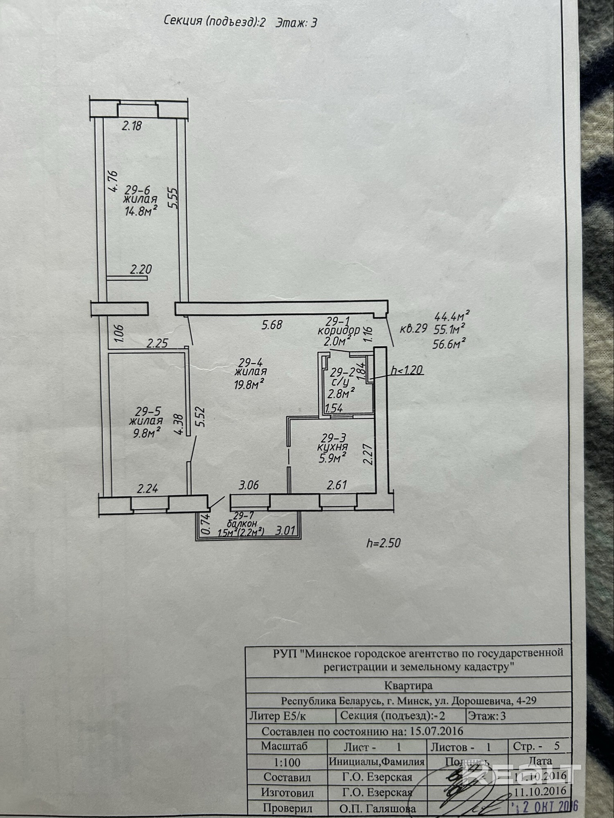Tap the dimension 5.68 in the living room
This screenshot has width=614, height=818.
[272, 325]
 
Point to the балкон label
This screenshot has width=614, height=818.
[242, 524]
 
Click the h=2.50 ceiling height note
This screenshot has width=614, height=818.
[383, 543]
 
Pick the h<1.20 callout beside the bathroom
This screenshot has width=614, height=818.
[406, 371]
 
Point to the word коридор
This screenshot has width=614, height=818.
[339, 330]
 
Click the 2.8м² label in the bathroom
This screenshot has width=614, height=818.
[341, 394]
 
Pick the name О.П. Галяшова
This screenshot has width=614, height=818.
[377, 809]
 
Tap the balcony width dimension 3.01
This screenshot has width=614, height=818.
[286, 531]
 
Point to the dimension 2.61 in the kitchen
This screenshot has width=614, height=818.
[337, 485]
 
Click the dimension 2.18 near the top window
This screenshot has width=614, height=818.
[132, 126]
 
